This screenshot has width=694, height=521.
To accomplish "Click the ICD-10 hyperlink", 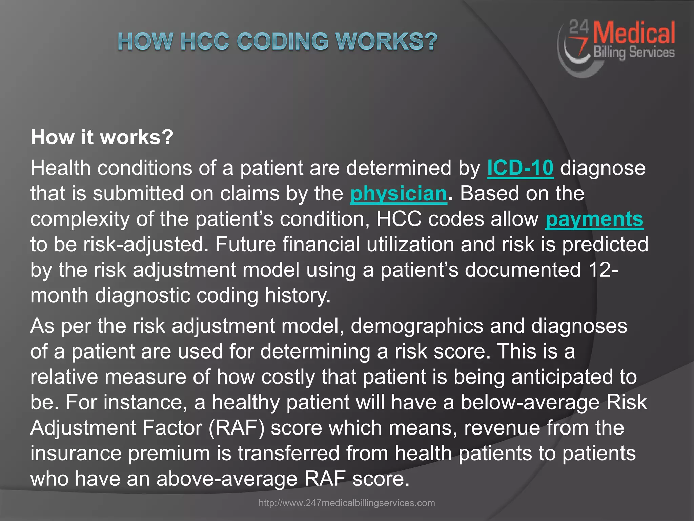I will coord(520,168).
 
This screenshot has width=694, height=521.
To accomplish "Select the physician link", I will coord(399,194).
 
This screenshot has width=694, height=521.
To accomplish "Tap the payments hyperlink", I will coord(594,219).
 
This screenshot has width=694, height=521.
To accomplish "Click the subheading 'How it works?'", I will coord(102,137).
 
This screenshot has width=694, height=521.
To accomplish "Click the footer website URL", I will coord(347,503).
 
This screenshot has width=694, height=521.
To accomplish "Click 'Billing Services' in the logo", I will coord(634,53).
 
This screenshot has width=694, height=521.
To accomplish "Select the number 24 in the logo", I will coord(579,27).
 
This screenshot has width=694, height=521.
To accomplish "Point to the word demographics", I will coord(417,326).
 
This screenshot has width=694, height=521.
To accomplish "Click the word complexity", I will coord(80,219).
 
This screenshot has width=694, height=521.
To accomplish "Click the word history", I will coord(298,295).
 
